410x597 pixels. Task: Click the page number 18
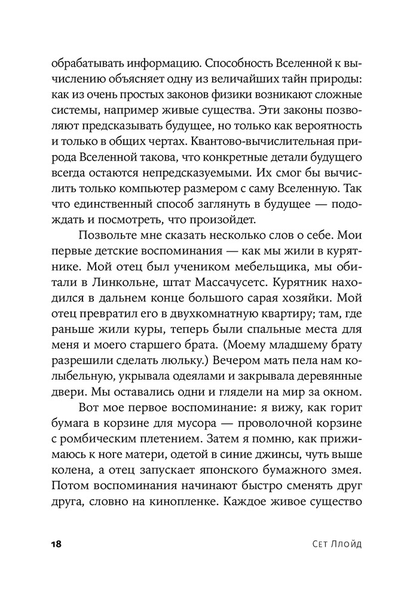tap(57, 544)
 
